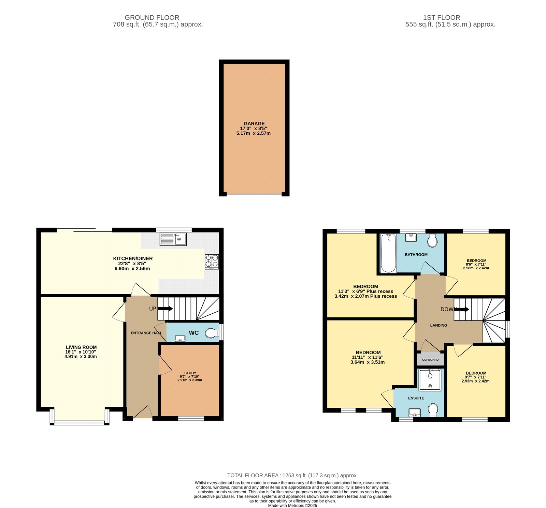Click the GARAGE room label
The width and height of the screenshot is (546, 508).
click(x=254, y=124)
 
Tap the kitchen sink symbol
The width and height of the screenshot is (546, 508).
click(x=173, y=239)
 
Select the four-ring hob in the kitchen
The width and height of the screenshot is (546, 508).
click(x=212, y=262)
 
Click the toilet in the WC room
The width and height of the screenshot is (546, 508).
click(x=212, y=333)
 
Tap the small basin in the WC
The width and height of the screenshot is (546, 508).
click(x=180, y=339)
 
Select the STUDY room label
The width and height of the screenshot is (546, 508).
click(x=190, y=373)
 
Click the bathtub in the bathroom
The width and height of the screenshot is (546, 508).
click(x=388, y=253)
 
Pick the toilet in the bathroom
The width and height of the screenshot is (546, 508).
click(x=432, y=241)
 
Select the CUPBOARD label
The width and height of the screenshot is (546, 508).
click(x=430, y=360)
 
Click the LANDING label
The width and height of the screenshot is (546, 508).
click(x=439, y=325)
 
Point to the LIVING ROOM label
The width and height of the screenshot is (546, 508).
click(x=81, y=347)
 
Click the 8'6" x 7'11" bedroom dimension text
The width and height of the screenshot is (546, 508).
click(x=476, y=264)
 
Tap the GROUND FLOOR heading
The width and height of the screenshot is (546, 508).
click(x=152, y=17)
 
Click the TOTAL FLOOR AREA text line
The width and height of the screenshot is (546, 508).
click(x=292, y=475)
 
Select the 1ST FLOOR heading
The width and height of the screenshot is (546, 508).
click(x=442, y=17)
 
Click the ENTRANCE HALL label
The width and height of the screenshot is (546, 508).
click(x=146, y=333)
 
